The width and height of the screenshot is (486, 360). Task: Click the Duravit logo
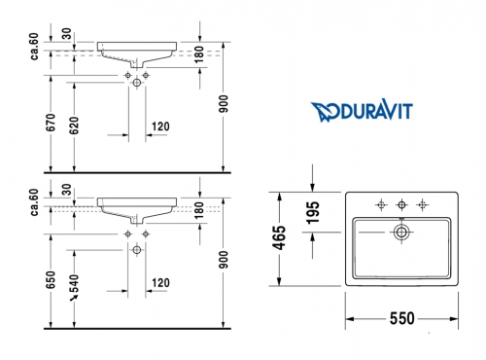click(362, 110)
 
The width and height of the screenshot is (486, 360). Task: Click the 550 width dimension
click(401, 318)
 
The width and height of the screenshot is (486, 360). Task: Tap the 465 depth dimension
click(279, 238)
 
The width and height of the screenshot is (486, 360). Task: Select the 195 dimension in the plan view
click(313, 212)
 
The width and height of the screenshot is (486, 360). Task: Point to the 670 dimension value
click(51, 123)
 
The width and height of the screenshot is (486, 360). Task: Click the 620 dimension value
click(74, 125)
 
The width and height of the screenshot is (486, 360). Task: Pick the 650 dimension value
click(51, 280)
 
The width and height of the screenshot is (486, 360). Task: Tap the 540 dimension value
click(74, 283)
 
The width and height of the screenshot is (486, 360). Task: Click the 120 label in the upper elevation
click(160, 126)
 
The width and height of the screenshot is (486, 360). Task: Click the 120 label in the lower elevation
click(160, 283)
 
